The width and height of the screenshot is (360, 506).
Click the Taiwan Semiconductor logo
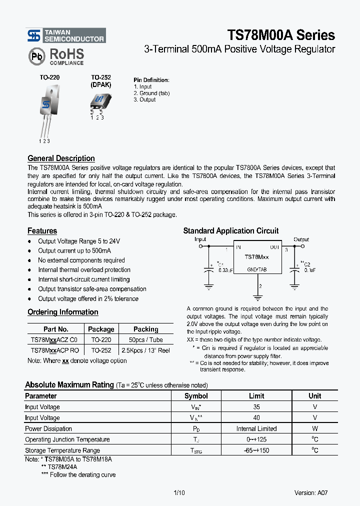click(65, 35)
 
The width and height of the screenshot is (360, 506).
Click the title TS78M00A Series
click(281, 35)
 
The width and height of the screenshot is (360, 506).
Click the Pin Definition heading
click(151, 80)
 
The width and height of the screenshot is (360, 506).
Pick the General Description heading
click(61, 158)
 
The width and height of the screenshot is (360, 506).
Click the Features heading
click(42, 231)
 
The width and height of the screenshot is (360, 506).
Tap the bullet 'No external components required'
click(81, 260)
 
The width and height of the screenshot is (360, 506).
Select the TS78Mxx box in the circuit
click(257, 257)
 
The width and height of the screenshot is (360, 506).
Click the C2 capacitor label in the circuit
click(306, 264)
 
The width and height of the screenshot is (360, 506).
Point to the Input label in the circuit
click(200, 239)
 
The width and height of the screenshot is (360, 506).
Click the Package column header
click(101, 329)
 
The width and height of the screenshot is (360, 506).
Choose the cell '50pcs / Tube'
click(146, 340)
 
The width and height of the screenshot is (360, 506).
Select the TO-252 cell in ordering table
click(101, 350)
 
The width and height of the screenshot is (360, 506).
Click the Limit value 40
click(256, 418)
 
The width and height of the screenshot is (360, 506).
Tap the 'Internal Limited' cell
click(256, 429)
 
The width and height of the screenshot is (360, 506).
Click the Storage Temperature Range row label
click(62, 450)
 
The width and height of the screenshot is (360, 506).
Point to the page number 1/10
click(179, 493)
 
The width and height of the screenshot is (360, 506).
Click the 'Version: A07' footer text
click(311, 493)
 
